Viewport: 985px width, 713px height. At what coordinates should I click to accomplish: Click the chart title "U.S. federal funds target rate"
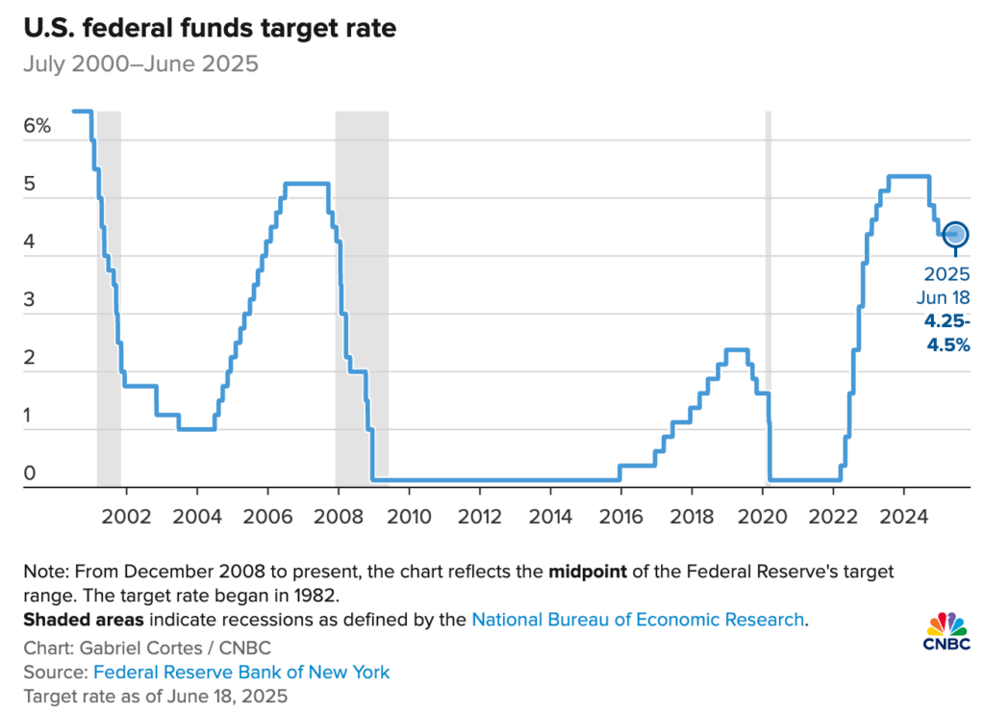pyautogui.click(x=208, y=29)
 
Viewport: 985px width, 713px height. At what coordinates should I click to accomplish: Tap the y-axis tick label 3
pyautogui.click(x=30, y=299)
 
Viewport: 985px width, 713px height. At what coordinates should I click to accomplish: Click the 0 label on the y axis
pyautogui.click(x=30, y=472)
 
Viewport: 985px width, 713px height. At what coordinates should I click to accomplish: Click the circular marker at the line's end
pyautogui.click(x=955, y=234)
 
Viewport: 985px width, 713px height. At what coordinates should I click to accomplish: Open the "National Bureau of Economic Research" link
pyautogui.click(x=638, y=619)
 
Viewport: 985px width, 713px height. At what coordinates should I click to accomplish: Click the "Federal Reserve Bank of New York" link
pyautogui.click(x=241, y=672)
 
